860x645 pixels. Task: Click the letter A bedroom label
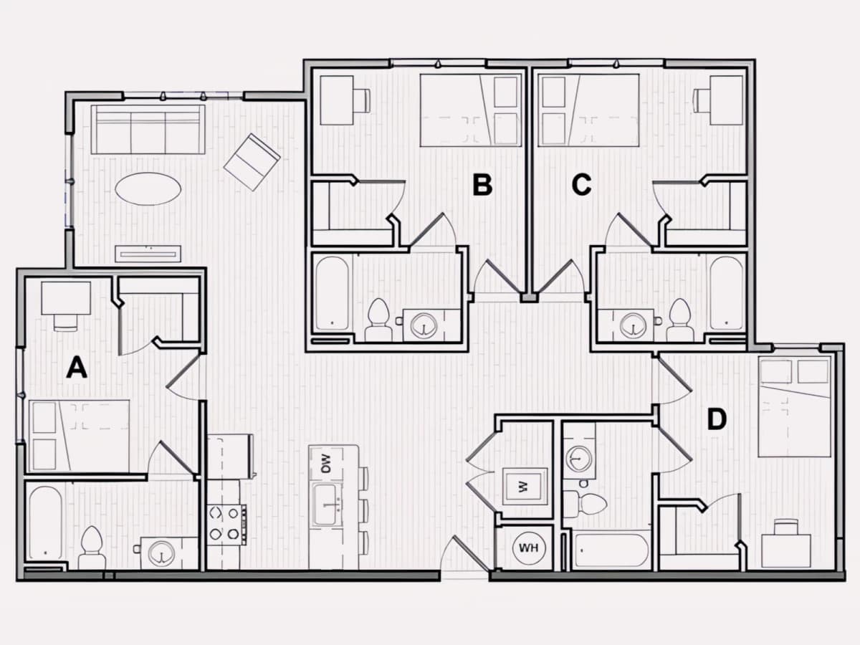tap(77, 368)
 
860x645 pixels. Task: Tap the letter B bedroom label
tap(482, 185)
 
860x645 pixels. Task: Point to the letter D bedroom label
tap(717, 419)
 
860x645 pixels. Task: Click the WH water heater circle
tap(528, 548)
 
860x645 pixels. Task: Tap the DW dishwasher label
tap(326, 464)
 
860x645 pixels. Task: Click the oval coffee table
tap(148, 188)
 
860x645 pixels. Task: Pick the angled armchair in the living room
tap(252, 162)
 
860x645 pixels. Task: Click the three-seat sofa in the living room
tap(148, 129)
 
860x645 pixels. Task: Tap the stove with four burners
tap(227, 525)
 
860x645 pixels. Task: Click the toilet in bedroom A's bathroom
tap(92, 548)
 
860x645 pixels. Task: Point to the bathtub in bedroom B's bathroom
tap(333, 293)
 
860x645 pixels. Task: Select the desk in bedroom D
tap(786, 550)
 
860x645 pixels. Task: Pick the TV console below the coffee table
tap(148, 254)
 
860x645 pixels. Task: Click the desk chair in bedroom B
tap(362, 100)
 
